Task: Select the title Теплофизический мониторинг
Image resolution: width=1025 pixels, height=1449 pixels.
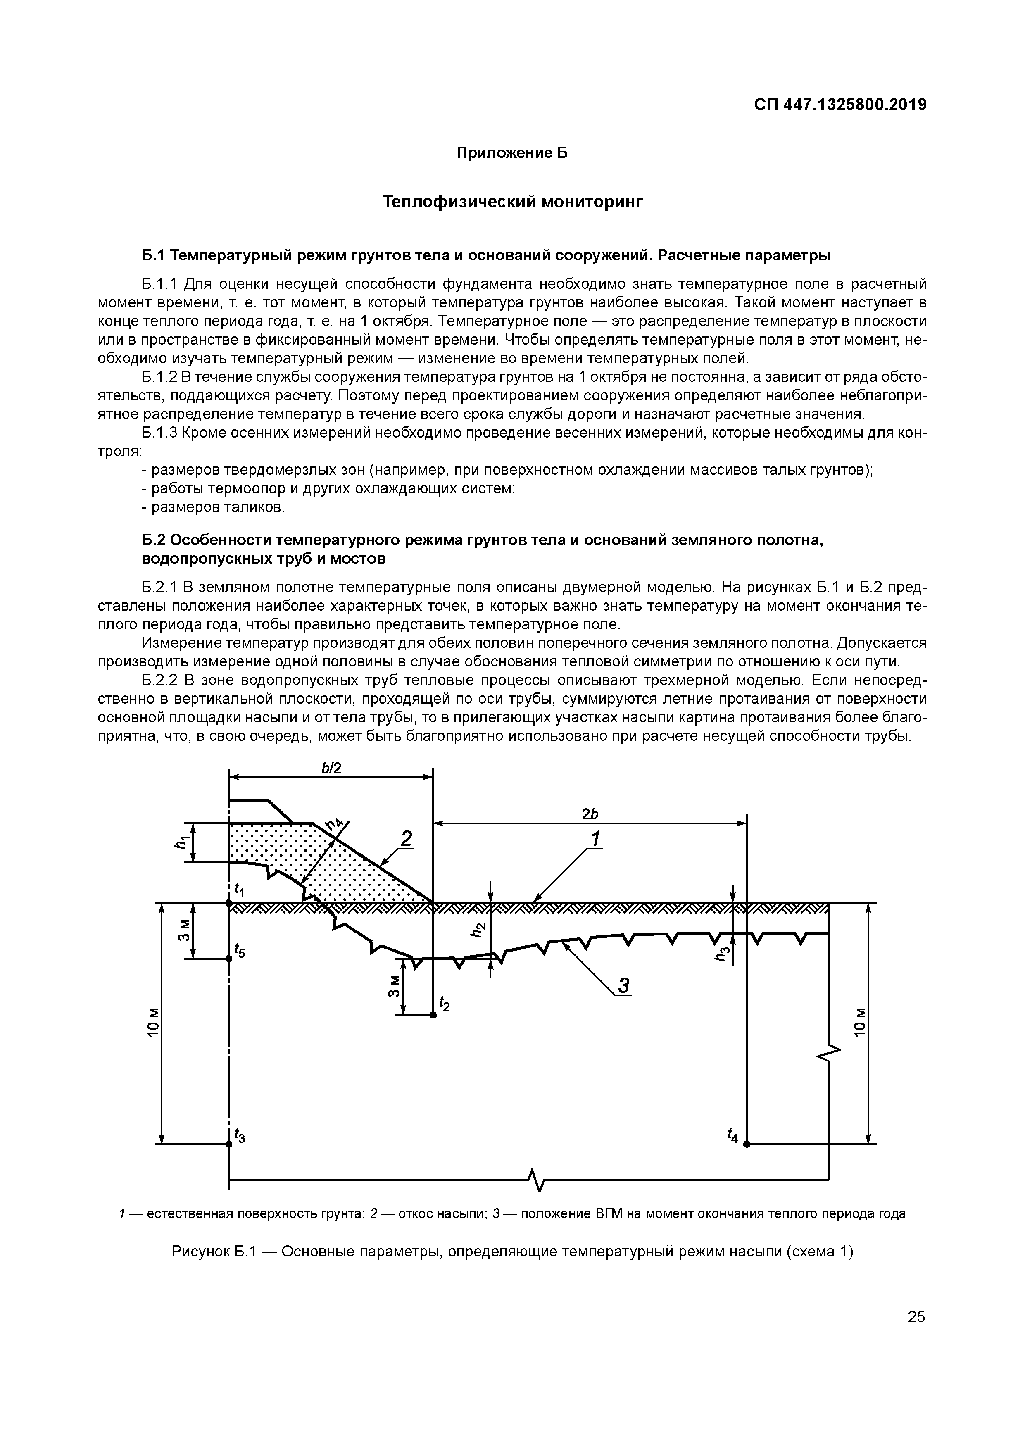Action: [512, 202]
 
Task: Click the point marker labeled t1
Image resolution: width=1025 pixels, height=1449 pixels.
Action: [228, 903]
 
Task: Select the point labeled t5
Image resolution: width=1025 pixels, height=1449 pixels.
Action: [228, 958]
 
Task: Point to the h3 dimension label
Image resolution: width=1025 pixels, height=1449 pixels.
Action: [725, 956]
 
